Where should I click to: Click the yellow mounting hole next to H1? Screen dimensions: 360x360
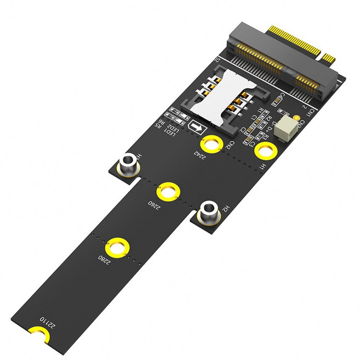click(265, 151)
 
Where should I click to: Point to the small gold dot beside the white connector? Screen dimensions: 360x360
click(296, 117)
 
